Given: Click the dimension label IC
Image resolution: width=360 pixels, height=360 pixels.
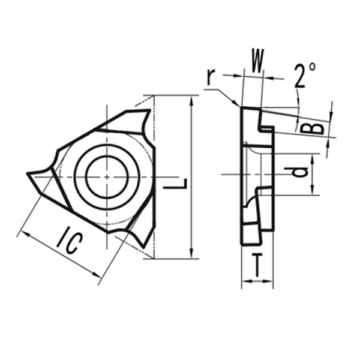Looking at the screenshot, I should click(x=70, y=242).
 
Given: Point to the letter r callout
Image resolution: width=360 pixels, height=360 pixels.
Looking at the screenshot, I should click(x=210, y=76).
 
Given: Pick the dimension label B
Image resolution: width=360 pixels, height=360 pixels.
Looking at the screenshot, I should click(x=312, y=128).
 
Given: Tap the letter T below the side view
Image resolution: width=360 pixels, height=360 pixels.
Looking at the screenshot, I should click(x=256, y=265).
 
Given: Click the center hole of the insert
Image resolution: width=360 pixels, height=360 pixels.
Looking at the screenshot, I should click(x=106, y=177).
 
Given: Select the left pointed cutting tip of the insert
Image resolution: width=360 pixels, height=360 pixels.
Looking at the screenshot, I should click(x=30, y=175).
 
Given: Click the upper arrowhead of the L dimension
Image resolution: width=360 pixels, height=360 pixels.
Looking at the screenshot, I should click(x=191, y=99).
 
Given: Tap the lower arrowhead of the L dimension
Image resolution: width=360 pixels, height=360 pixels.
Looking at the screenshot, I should click(x=191, y=254).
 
